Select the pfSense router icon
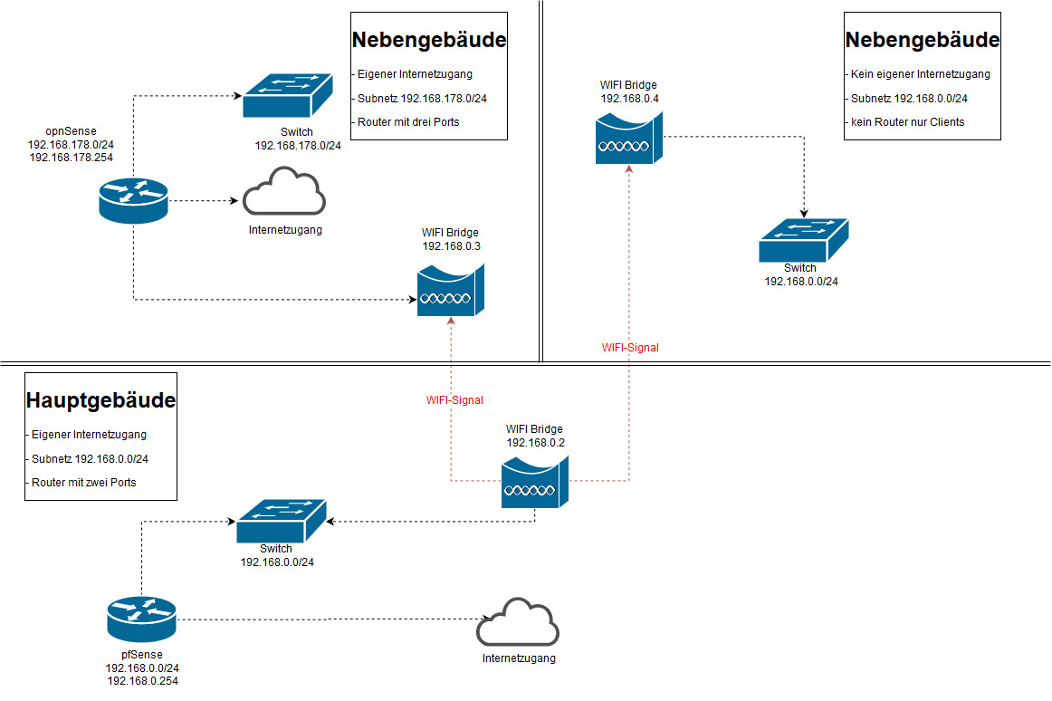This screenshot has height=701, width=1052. click(141, 619)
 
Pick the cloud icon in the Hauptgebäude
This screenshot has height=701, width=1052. click(518, 622)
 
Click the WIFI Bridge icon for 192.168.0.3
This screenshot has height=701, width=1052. click(450, 290)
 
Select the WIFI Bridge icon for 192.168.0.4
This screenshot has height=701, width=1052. click(628, 137)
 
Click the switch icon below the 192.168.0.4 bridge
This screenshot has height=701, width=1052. click(803, 241)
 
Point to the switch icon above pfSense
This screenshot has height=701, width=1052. click(281, 521)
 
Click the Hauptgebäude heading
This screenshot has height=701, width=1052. click(101, 400)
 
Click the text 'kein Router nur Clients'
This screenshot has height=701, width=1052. click(908, 122)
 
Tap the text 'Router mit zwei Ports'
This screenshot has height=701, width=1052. click(83, 483)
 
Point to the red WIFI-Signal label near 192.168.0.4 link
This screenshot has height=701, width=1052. click(630, 347)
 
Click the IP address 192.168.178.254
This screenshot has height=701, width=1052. click(71, 157)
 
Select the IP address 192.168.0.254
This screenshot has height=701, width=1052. click(142, 680)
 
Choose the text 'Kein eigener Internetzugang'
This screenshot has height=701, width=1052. click(921, 75)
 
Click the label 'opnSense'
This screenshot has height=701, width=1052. click(71, 131)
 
